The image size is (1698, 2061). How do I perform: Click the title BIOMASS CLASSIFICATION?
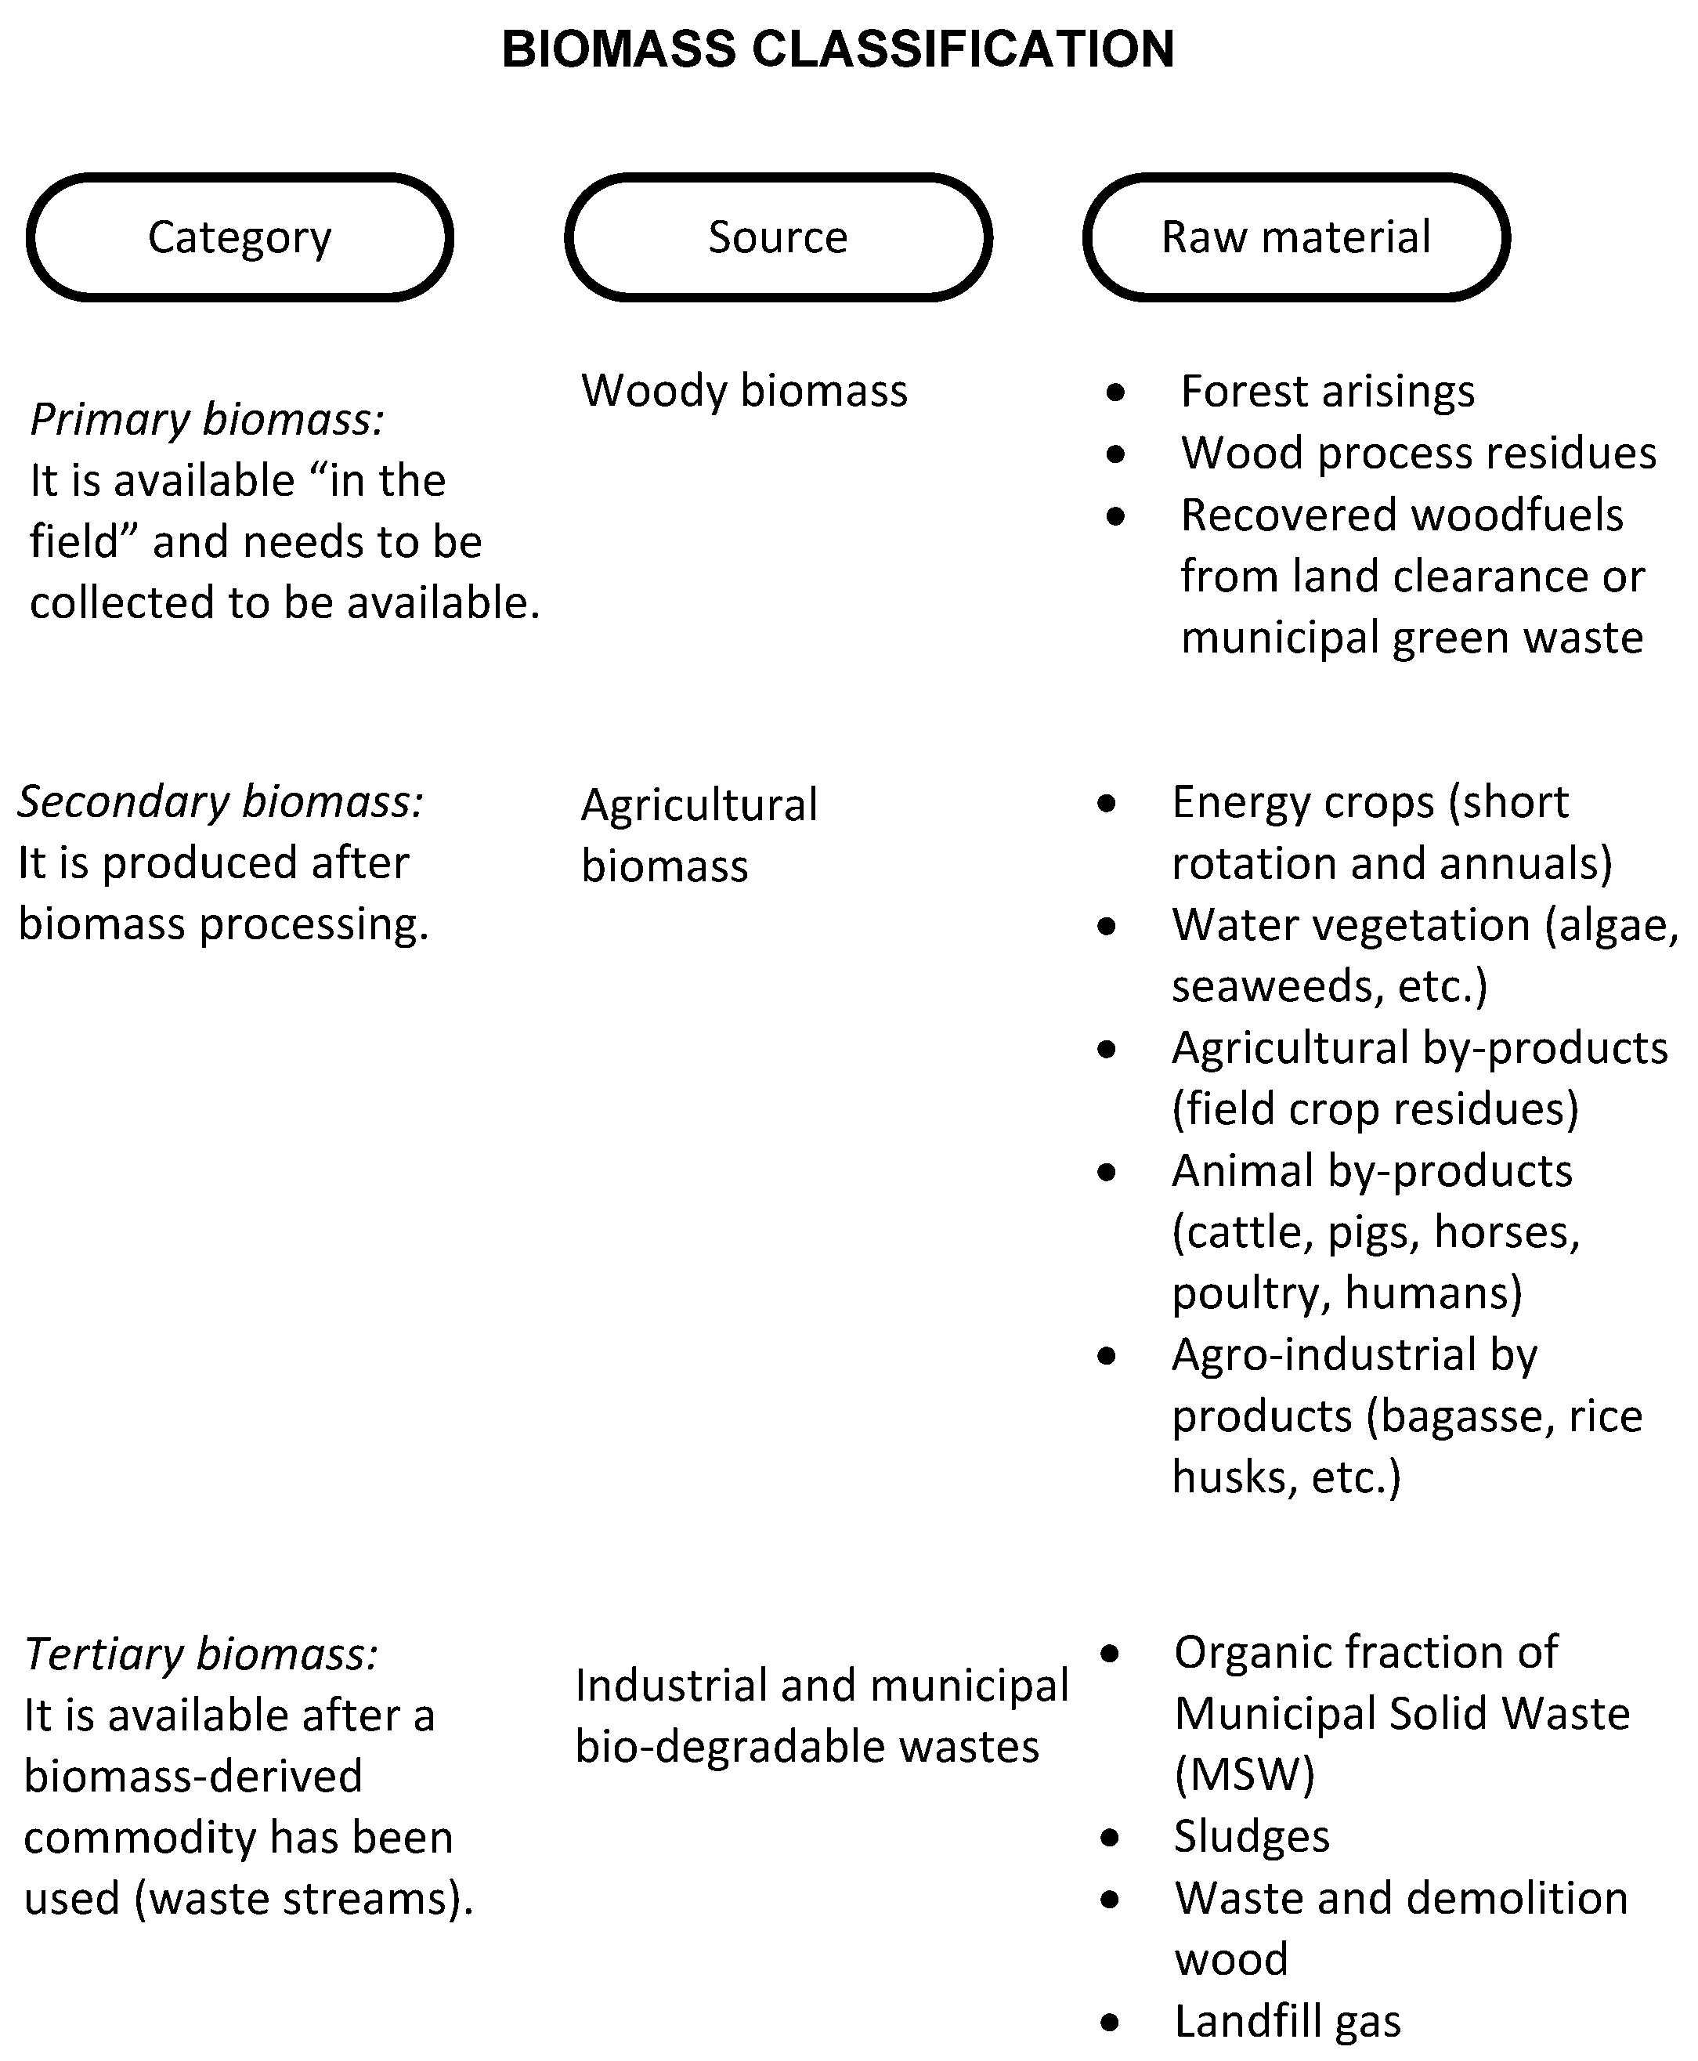(x=837, y=49)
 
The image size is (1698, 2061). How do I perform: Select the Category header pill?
(x=240, y=237)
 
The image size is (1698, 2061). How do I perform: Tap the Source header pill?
(x=778, y=237)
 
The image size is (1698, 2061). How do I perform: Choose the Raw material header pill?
(x=1296, y=237)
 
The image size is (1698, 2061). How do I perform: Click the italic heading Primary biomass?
(x=207, y=420)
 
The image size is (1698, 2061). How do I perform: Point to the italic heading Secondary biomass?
(x=220, y=802)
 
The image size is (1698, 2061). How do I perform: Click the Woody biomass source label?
(x=744, y=391)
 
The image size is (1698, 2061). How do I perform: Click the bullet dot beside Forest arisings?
(x=1116, y=393)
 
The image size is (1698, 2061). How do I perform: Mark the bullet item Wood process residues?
(x=1418, y=453)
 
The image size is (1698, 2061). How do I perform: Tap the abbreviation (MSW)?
(x=1245, y=1774)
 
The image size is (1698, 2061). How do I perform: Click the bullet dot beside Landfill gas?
(x=1109, y=2022)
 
